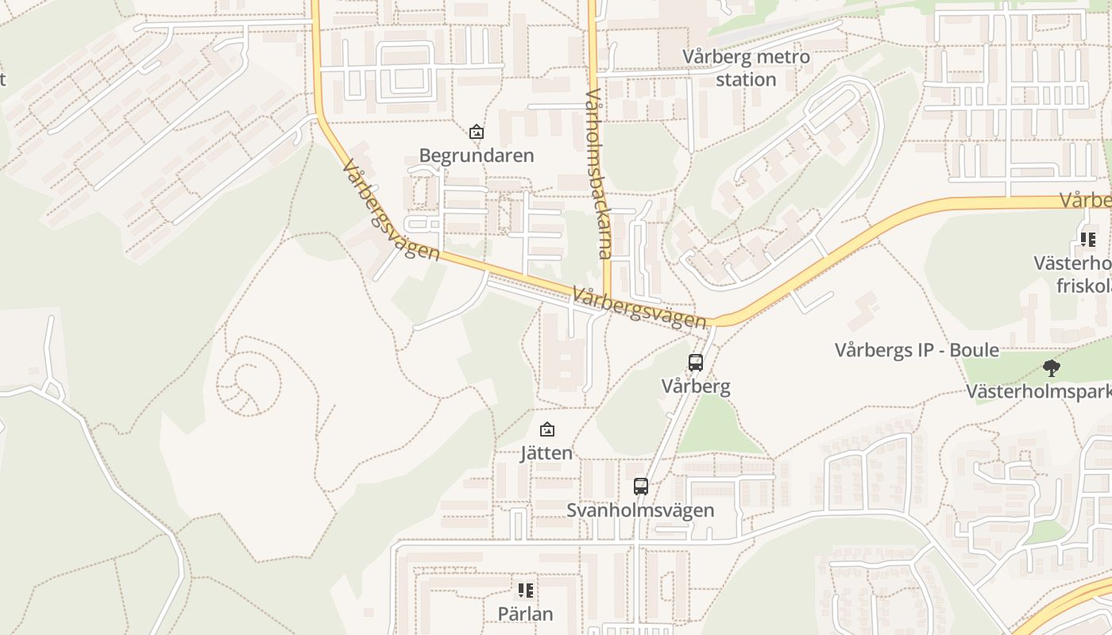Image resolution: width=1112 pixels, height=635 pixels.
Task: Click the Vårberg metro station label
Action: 746,68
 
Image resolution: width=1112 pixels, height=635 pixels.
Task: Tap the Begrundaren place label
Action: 477,156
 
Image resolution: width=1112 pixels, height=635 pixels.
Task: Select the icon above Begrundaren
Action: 476,132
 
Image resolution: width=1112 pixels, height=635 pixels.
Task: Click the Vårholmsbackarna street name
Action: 597,174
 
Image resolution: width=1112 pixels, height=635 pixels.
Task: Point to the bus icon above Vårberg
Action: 696,363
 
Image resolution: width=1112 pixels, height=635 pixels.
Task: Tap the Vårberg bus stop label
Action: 696,387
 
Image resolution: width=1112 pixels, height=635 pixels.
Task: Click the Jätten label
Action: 546,453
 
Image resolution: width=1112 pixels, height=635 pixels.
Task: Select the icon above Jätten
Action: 546,430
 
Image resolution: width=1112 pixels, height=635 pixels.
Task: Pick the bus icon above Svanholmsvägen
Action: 640,487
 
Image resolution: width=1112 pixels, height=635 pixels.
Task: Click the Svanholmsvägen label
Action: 640,510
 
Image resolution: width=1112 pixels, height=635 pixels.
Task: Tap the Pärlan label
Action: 525,614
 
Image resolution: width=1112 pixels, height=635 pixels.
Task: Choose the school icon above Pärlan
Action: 525,591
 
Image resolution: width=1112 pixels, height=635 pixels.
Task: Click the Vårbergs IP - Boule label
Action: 917,350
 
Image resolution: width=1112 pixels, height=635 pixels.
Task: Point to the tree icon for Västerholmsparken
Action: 1052,368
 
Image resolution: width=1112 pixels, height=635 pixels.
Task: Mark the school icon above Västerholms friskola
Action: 1087,239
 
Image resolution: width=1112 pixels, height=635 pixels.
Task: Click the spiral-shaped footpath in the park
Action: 249,384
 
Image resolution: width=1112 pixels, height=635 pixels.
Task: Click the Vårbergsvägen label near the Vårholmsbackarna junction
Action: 639,308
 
